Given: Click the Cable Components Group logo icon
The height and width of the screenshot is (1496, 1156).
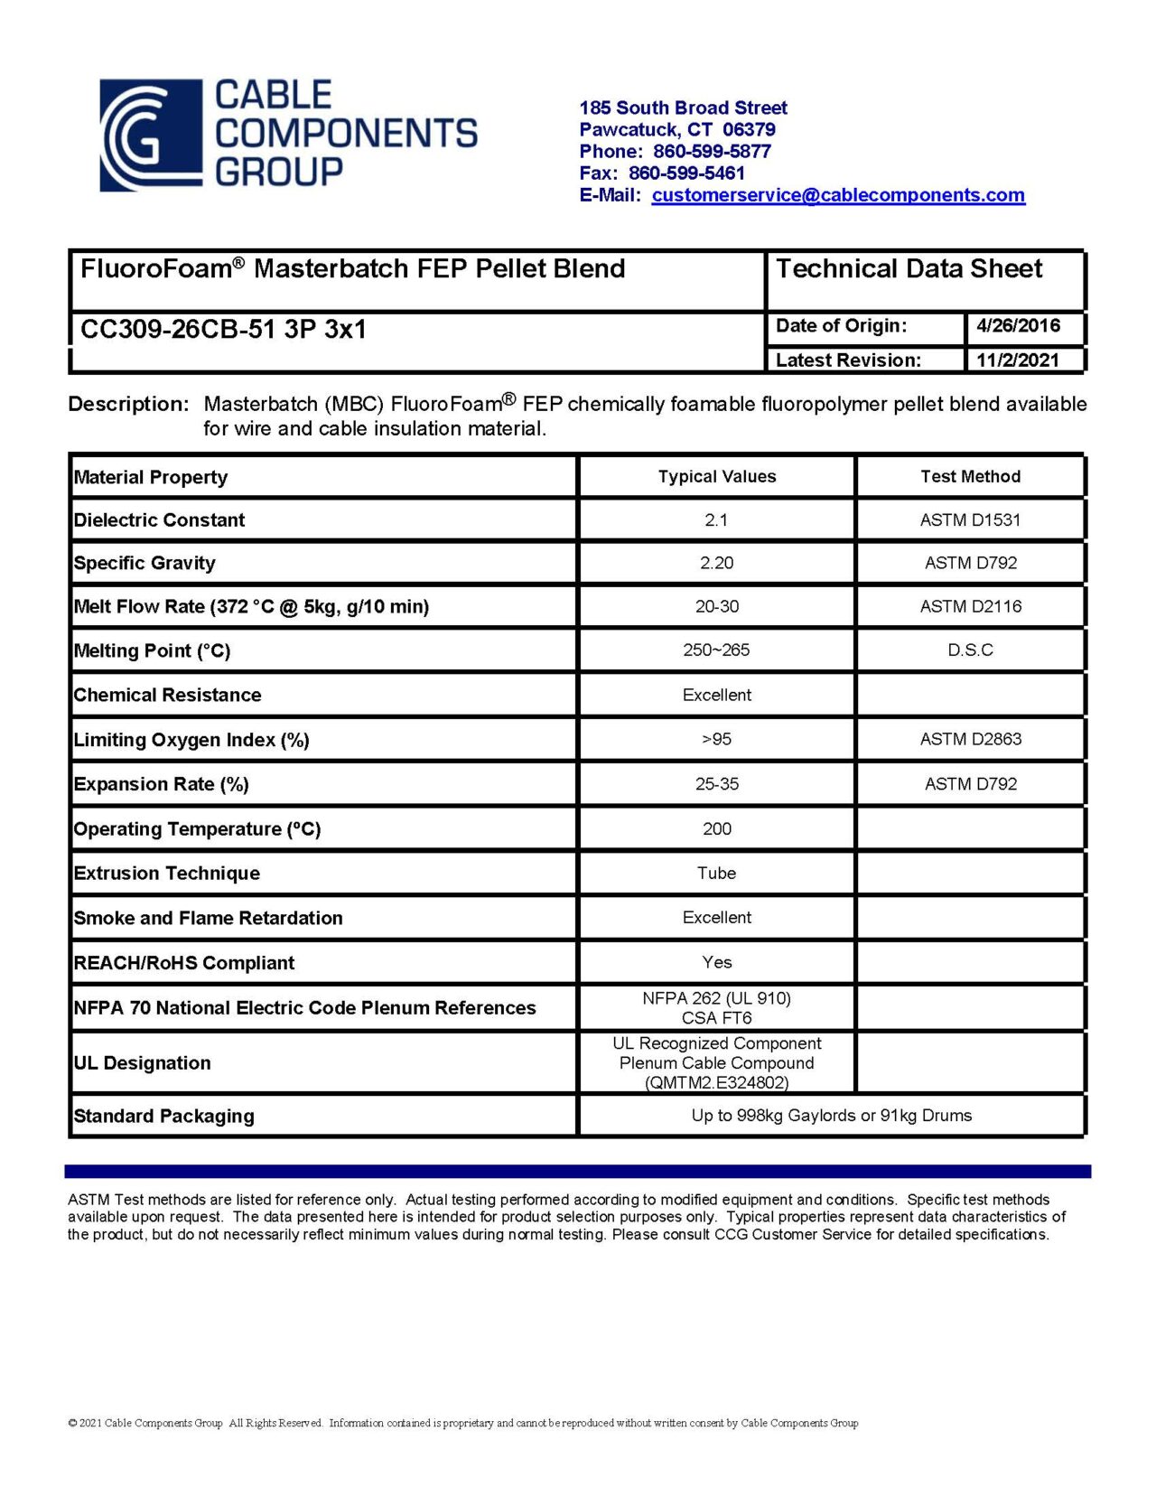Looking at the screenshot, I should point(150,136).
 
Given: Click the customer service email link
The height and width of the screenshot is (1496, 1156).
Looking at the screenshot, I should point(837,195).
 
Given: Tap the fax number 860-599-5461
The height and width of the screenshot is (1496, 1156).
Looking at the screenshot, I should point(686,173).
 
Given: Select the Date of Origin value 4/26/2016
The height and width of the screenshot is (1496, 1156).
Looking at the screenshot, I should point(1018,326).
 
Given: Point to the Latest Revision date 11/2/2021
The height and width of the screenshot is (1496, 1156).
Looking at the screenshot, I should point(1017,360).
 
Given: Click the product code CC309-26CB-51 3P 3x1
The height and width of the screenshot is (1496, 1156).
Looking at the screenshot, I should point(223,329).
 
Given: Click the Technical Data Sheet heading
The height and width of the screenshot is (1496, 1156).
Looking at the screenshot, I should point(909,269).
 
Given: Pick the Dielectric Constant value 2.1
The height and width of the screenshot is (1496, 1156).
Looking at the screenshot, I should point(716,520).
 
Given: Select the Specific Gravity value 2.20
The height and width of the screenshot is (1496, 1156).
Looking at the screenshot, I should point(716,563).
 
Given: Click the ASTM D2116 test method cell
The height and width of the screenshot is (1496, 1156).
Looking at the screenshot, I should point(970,607).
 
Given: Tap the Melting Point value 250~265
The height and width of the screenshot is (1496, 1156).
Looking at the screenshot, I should point(716,650).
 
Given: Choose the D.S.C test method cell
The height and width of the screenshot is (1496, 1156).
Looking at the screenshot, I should point(970,650).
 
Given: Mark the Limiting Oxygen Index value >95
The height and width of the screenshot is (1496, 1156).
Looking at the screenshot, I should point(716,739).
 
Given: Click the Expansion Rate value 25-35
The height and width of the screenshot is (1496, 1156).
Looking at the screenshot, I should point(716,784).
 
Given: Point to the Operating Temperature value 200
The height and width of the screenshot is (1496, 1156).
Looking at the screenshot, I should point(716,828).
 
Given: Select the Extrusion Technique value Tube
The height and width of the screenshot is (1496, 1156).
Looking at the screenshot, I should point(716,873).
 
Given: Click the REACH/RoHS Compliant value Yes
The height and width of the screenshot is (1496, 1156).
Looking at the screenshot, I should point(716,962).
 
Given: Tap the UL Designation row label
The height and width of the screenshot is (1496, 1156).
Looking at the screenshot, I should point(143,1063).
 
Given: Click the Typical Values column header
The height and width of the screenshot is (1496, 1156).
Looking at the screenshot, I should point(716,477).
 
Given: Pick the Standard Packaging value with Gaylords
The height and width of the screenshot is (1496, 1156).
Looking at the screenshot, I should point(831,1116).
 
